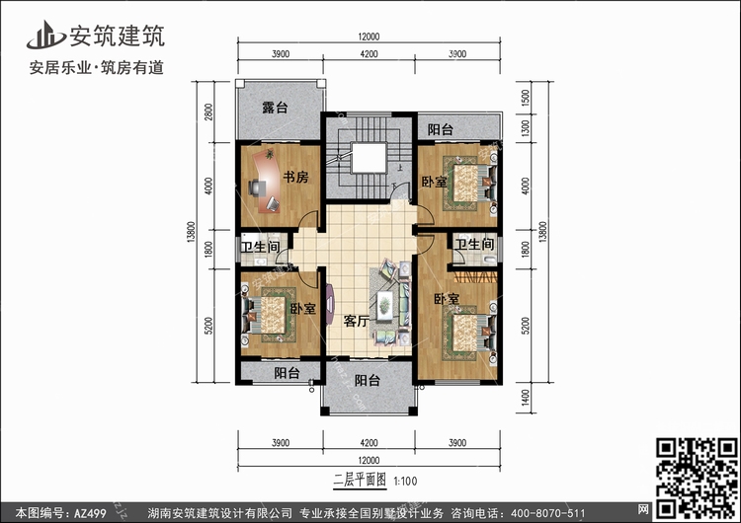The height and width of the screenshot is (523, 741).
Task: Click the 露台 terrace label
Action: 275,108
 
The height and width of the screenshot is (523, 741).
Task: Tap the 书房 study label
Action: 295,177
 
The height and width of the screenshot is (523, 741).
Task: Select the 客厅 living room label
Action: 356,321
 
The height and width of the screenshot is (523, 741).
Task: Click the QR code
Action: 697,478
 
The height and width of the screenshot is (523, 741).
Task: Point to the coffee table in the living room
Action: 384,306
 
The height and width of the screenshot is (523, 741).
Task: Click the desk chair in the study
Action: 256,187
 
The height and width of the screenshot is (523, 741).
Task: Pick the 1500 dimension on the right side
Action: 526,98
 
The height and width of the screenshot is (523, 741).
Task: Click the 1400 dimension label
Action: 526,398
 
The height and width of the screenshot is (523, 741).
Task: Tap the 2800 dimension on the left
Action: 208,112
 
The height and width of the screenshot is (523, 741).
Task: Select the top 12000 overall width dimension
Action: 369,37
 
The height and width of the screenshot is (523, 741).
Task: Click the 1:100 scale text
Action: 405,482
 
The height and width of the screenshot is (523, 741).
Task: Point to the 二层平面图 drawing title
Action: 360,481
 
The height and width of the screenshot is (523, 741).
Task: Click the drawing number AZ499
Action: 90,512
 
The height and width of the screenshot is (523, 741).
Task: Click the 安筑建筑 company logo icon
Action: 45,35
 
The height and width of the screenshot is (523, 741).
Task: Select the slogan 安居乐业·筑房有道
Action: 97,68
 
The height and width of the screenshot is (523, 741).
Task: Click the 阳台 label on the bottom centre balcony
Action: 367,381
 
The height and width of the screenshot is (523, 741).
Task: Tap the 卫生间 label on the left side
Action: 260,247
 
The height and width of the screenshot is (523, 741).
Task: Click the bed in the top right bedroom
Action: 469,184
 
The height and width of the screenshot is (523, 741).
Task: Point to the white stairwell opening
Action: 370,159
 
